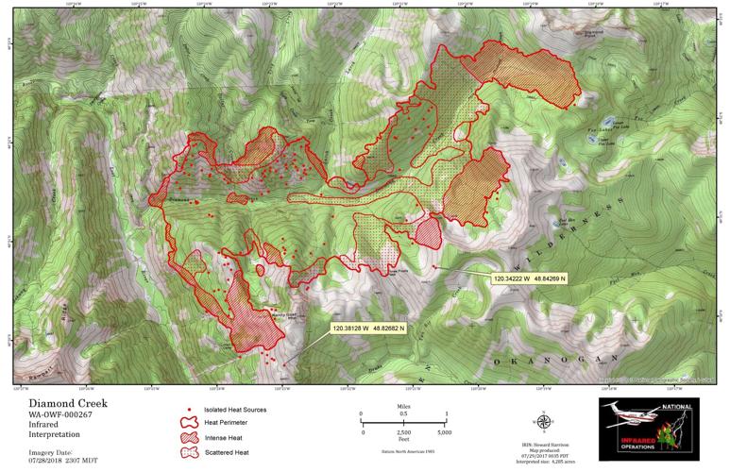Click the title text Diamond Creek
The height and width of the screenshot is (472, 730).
[67, 402]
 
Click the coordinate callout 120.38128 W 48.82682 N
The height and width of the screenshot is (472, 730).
[368, 329]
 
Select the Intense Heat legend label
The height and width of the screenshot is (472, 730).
[227, 439]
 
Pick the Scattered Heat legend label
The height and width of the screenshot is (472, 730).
[229, 453]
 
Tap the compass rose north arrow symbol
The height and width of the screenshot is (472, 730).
[546, 422]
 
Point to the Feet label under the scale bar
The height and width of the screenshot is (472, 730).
[403, 441]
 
